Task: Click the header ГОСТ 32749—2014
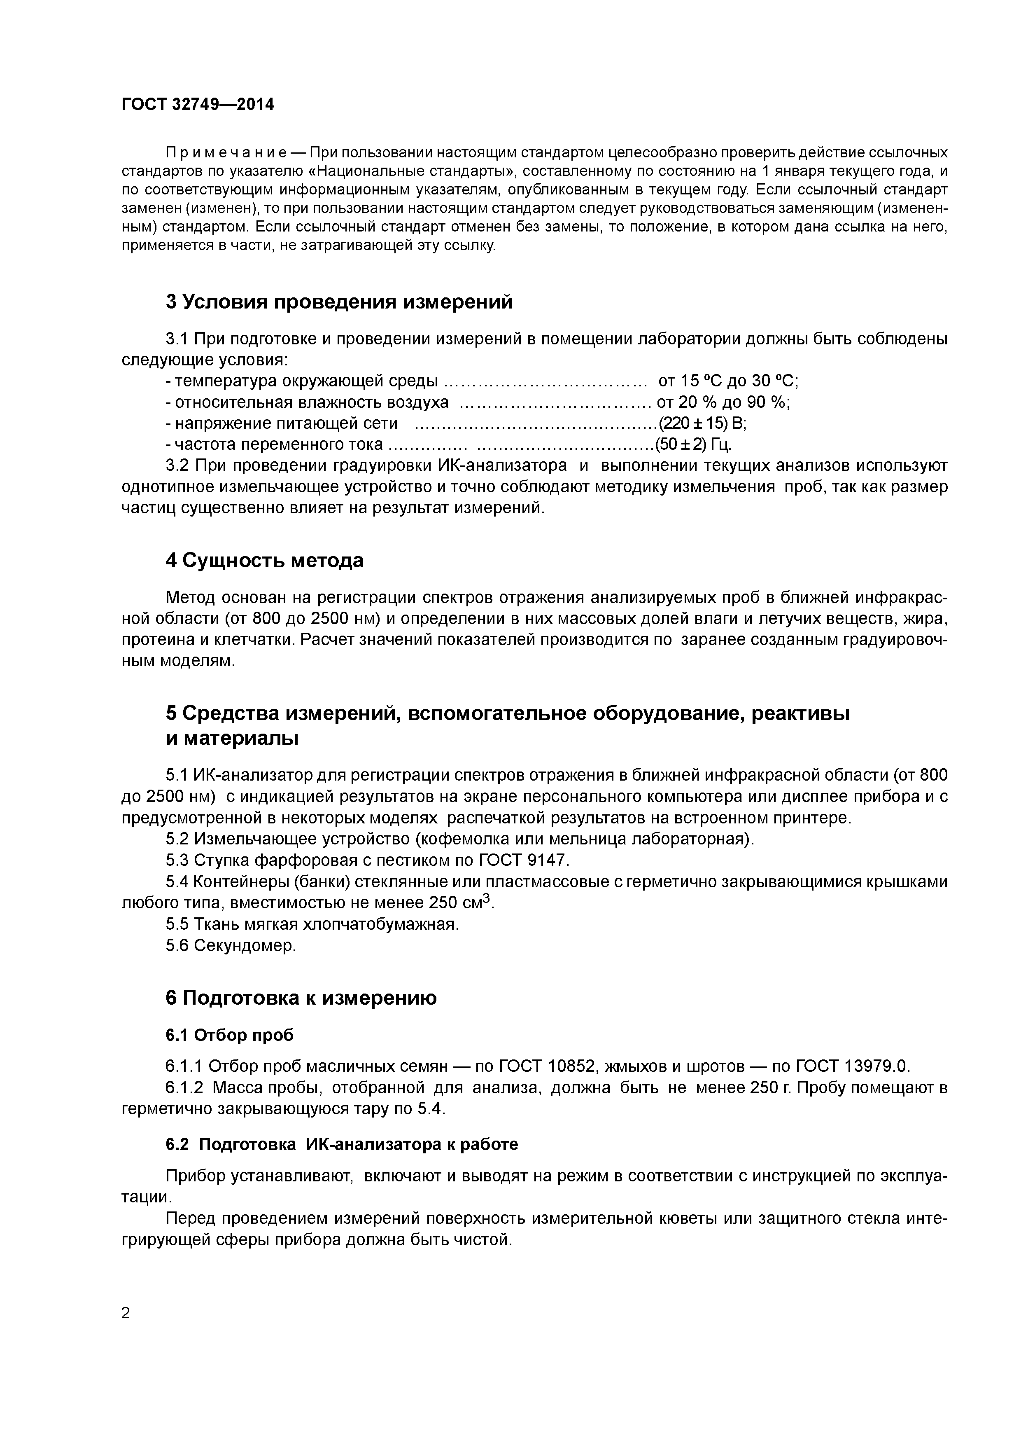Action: coord(198,105)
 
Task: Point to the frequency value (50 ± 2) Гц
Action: coord(693,445)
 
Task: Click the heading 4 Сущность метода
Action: coord(264,560)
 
